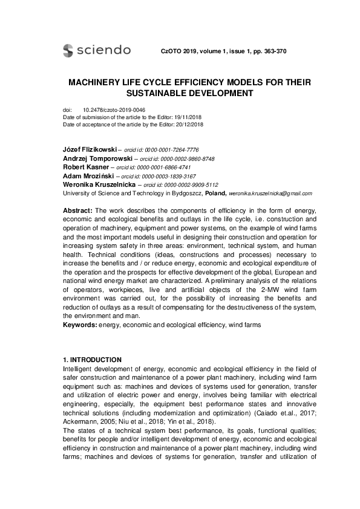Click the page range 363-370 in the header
coord(270,51)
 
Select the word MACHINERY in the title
coord(101,82)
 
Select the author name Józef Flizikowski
coord(90,149)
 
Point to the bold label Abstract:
coord(77,210)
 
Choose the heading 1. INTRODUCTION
coord(92,361)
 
